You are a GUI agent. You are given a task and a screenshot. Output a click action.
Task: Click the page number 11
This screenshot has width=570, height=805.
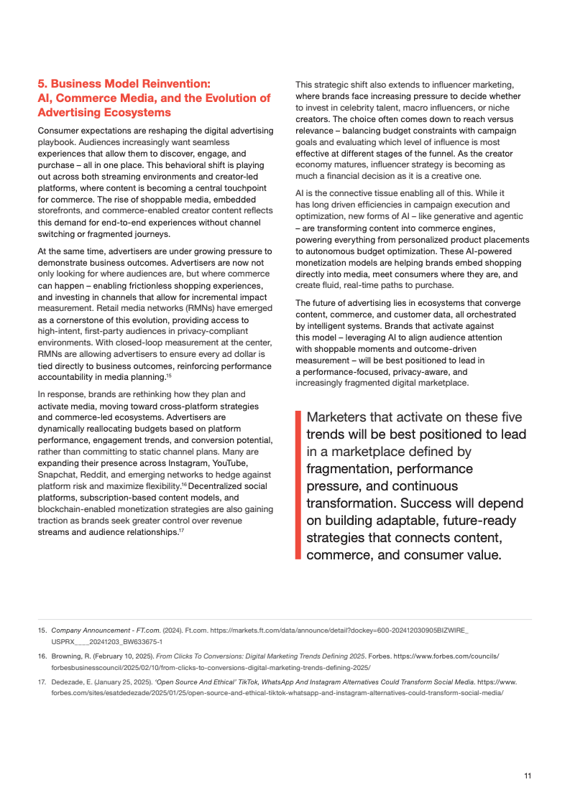(528, 776)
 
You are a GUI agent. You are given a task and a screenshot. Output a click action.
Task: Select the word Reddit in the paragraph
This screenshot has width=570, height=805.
(102, 475)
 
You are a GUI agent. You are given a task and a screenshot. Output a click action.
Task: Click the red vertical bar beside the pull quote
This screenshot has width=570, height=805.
(298, 485)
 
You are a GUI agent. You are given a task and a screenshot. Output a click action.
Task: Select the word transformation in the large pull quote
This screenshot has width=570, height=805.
(351, 503)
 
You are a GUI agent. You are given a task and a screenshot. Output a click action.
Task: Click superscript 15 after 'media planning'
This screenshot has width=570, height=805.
(168, 375)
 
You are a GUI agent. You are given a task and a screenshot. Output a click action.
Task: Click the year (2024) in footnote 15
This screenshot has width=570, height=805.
(170, 630)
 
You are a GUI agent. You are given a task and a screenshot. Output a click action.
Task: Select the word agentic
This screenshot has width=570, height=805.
(507, 216)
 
